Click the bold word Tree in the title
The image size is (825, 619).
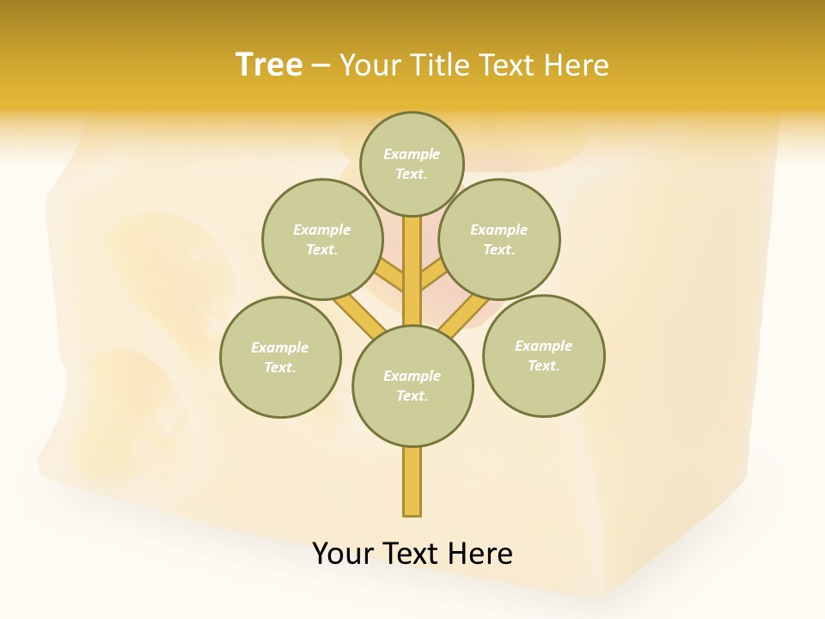(x=269, y=64)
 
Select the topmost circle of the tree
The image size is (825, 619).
(x=412, y=163)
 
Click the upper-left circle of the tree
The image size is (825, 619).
(x=321, y=239)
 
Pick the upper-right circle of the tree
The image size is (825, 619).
(x=498, y=239)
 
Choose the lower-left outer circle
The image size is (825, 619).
(x=280, y=357)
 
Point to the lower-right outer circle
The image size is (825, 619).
(x=543, y=355)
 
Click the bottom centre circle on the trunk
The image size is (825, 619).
(x=412, y=385)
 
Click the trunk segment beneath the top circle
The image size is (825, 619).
(x=412, y=271)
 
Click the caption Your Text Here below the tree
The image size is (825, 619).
(x=412, y=553)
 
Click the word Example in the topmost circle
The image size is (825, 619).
(x=412, y=154)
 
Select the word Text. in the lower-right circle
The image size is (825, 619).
(x=543, y=365)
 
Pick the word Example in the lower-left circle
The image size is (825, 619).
(x=279, y=347)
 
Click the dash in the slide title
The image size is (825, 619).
(x=321, y=65)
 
